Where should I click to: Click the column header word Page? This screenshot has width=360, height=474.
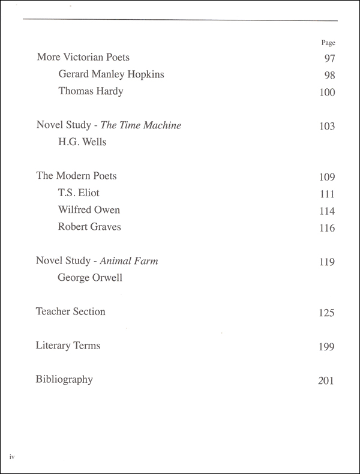[x=328, y=43]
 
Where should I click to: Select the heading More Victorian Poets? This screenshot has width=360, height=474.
[x=83, y=58]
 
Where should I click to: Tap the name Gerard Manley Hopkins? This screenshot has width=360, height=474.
[x=110, y=74]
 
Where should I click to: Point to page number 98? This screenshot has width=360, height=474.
[x=329, y=75]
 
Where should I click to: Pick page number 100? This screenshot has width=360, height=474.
[x=327, y=92]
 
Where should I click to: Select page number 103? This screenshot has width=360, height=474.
[x=327, y=127]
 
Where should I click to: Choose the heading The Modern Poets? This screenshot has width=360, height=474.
[x=77, y=176]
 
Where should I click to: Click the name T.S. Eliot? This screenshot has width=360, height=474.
[x=79, y=193]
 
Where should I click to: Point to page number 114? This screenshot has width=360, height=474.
[x=327, y=211]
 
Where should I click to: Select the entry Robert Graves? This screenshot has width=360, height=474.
[x=89, y=227]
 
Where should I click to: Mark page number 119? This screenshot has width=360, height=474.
[x=327, y=262]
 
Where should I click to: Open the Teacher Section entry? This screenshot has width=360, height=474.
[x=70, y=311]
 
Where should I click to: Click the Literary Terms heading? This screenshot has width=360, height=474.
[x=68, y=346]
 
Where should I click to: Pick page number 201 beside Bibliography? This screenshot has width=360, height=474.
[x=326, y=380]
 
